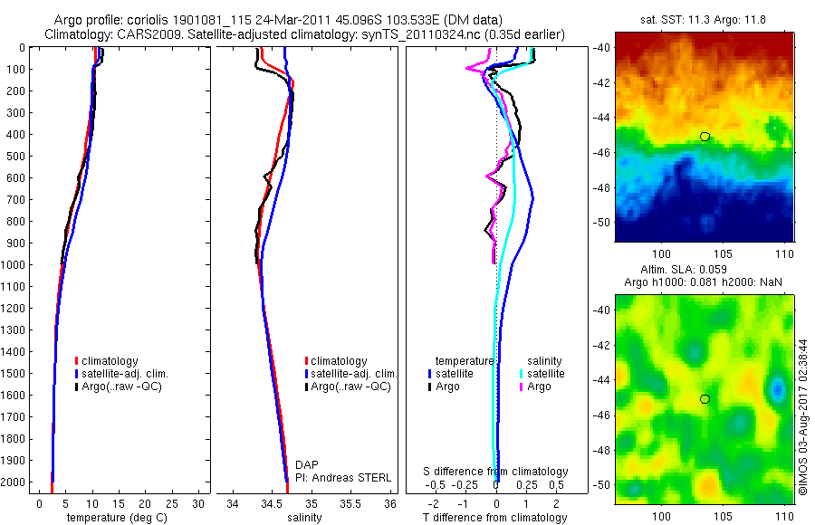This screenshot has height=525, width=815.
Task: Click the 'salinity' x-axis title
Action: coord(304,518)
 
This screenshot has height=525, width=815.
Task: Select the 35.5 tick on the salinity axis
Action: coord(350,503)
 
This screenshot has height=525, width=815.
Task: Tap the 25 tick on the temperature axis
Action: coord(172,503)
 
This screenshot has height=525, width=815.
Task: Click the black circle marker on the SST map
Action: coord(705,137)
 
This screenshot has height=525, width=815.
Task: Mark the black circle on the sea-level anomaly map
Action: coord(705,399)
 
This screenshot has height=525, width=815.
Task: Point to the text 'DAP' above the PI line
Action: coord(306,464)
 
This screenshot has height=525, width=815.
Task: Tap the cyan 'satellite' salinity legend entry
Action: coord(546,373)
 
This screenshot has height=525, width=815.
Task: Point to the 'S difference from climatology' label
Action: coord(496,472)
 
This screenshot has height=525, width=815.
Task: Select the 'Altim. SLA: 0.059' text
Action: coord(705,270)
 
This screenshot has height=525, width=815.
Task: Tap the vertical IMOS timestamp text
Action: coord(804,418)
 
